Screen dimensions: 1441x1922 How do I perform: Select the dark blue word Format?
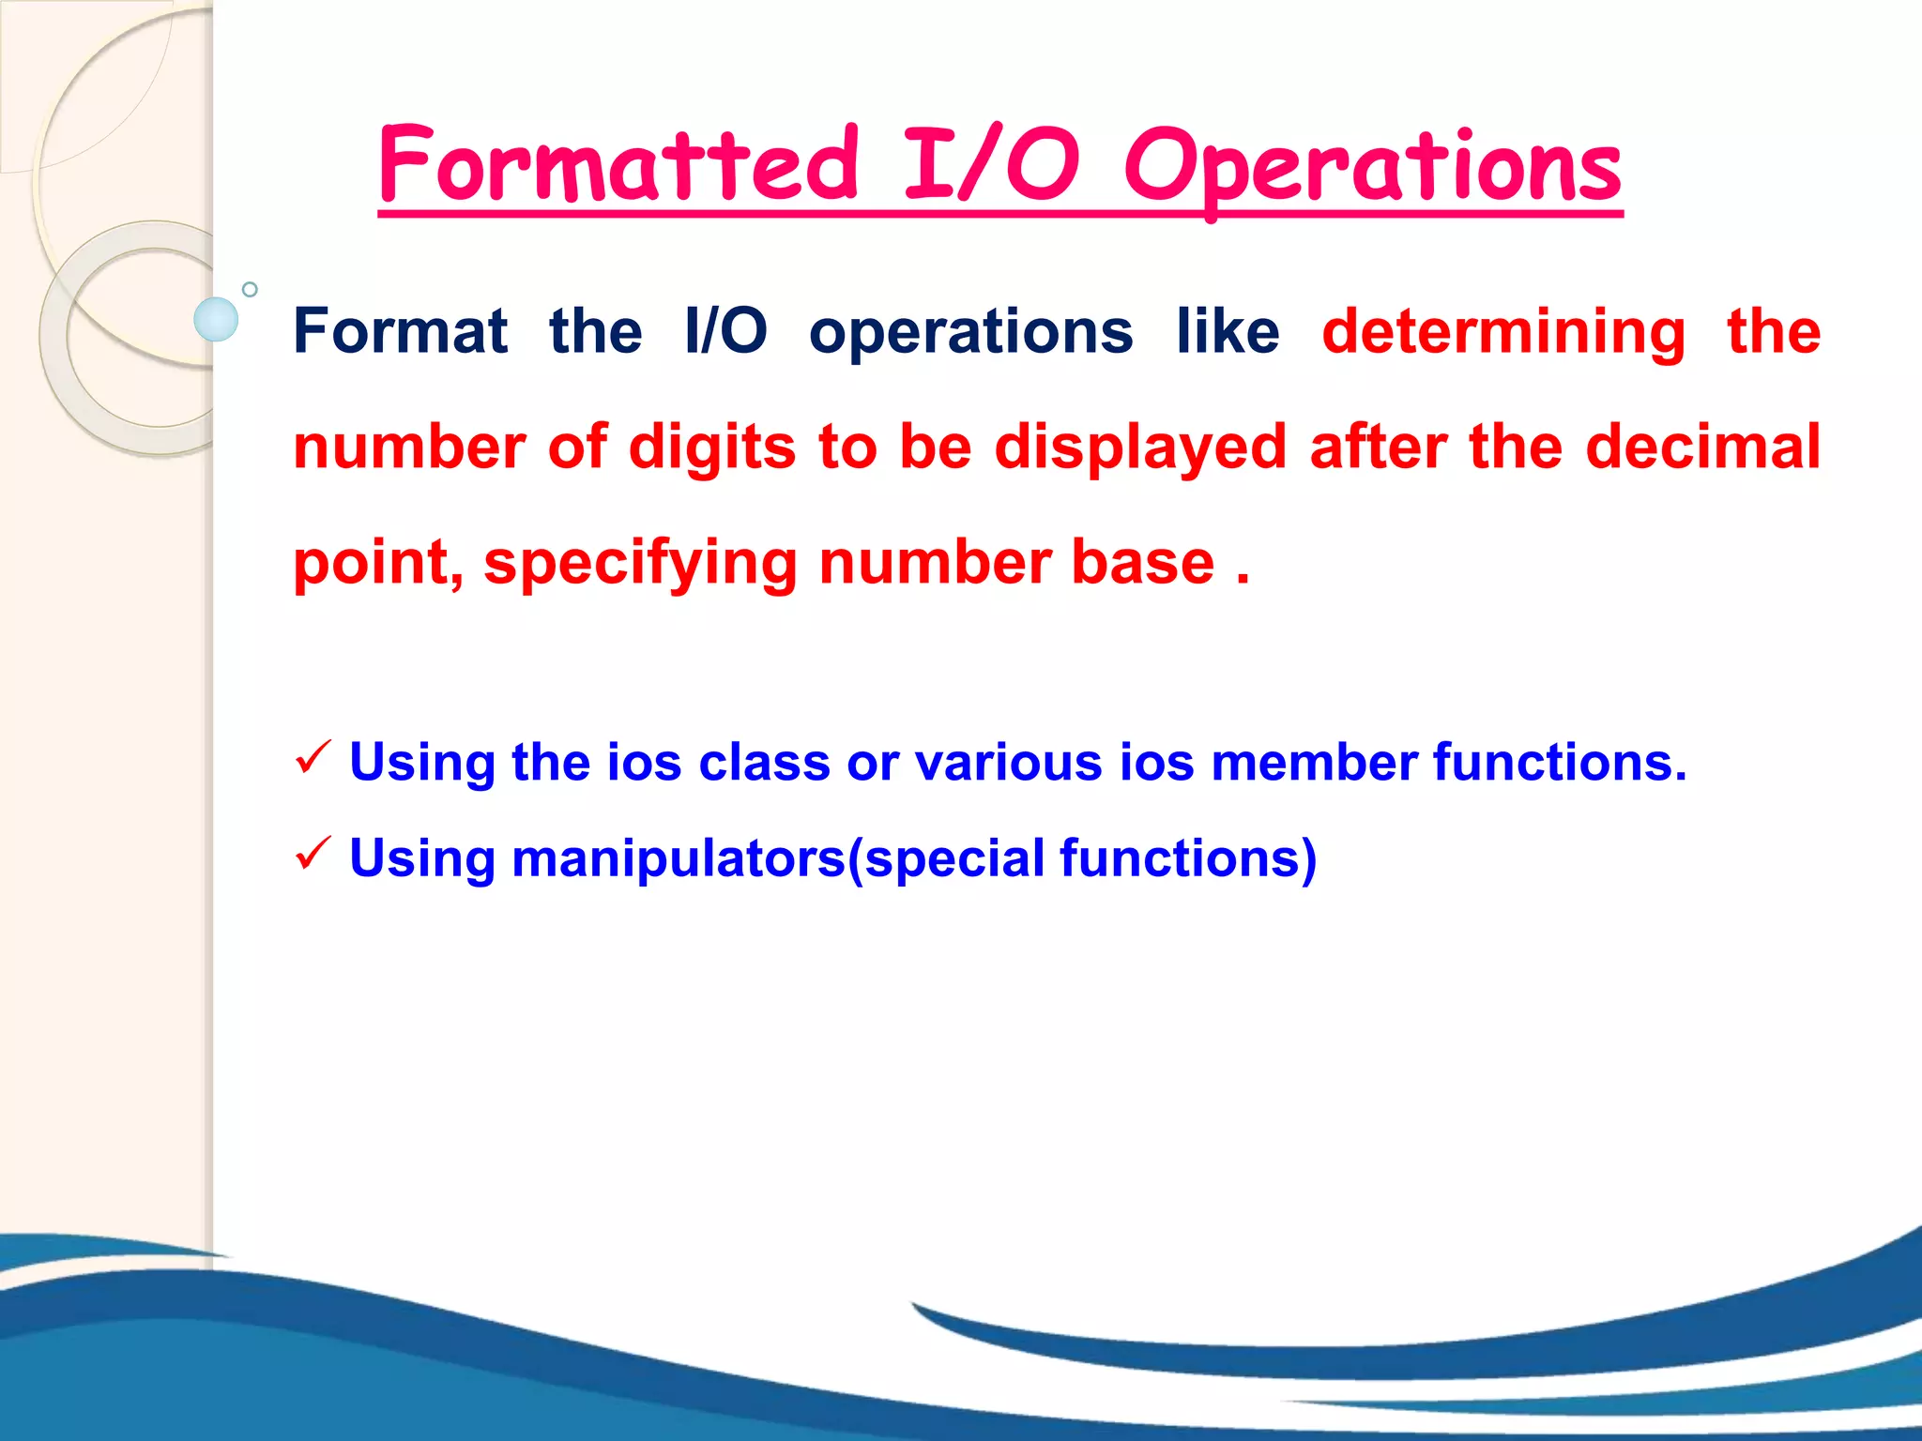point(400,331)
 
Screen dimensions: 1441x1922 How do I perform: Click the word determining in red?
point(1503,333)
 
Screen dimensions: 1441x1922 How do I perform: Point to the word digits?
point(711,447)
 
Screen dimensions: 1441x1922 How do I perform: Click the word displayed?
point(1139,447)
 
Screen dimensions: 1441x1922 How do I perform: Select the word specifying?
point(640,564)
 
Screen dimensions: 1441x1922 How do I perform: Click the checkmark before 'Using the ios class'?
point(313,757)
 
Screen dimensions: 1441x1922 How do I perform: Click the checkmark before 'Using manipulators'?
point(313,854)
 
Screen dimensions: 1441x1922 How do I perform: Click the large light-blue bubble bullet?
point(216,319)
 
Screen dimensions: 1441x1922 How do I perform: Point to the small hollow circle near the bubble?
point(250,289)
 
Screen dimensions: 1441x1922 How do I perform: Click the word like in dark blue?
point(1228,331)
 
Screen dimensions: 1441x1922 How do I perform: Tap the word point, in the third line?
point(377,564)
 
